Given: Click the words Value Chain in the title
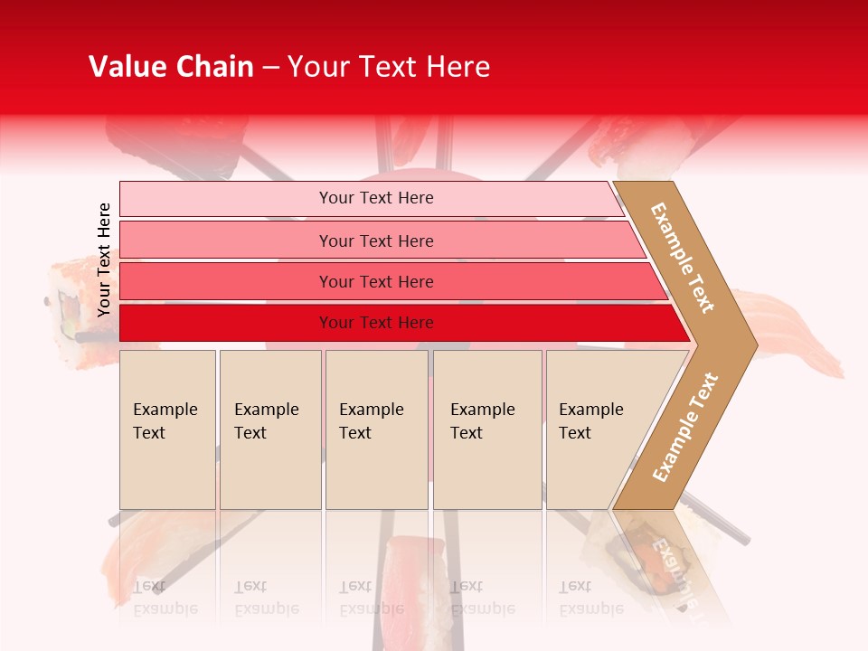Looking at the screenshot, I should (x=171, y=67).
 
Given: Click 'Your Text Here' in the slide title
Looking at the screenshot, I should (x=389, y=67).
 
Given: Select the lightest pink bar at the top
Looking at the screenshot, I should (x=375, y=198).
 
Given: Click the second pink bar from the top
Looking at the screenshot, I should (x=375, y=241).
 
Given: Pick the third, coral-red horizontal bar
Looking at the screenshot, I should (x=375, y=281).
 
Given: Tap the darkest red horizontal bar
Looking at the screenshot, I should (x=375, y=323).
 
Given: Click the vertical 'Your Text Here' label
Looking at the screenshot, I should (x=104, y=259).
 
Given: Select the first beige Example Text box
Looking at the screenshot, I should (x=167, y=429).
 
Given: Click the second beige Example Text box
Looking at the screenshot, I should (x=269, y=429).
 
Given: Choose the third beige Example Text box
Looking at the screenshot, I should (x=376, y=429).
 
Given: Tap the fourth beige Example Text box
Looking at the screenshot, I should (x=486, y=429).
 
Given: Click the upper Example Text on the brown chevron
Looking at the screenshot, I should (x=683, y=258).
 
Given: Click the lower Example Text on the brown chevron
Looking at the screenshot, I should (x=685, y=427).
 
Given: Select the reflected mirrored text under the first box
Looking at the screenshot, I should (x=165, y=597).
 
